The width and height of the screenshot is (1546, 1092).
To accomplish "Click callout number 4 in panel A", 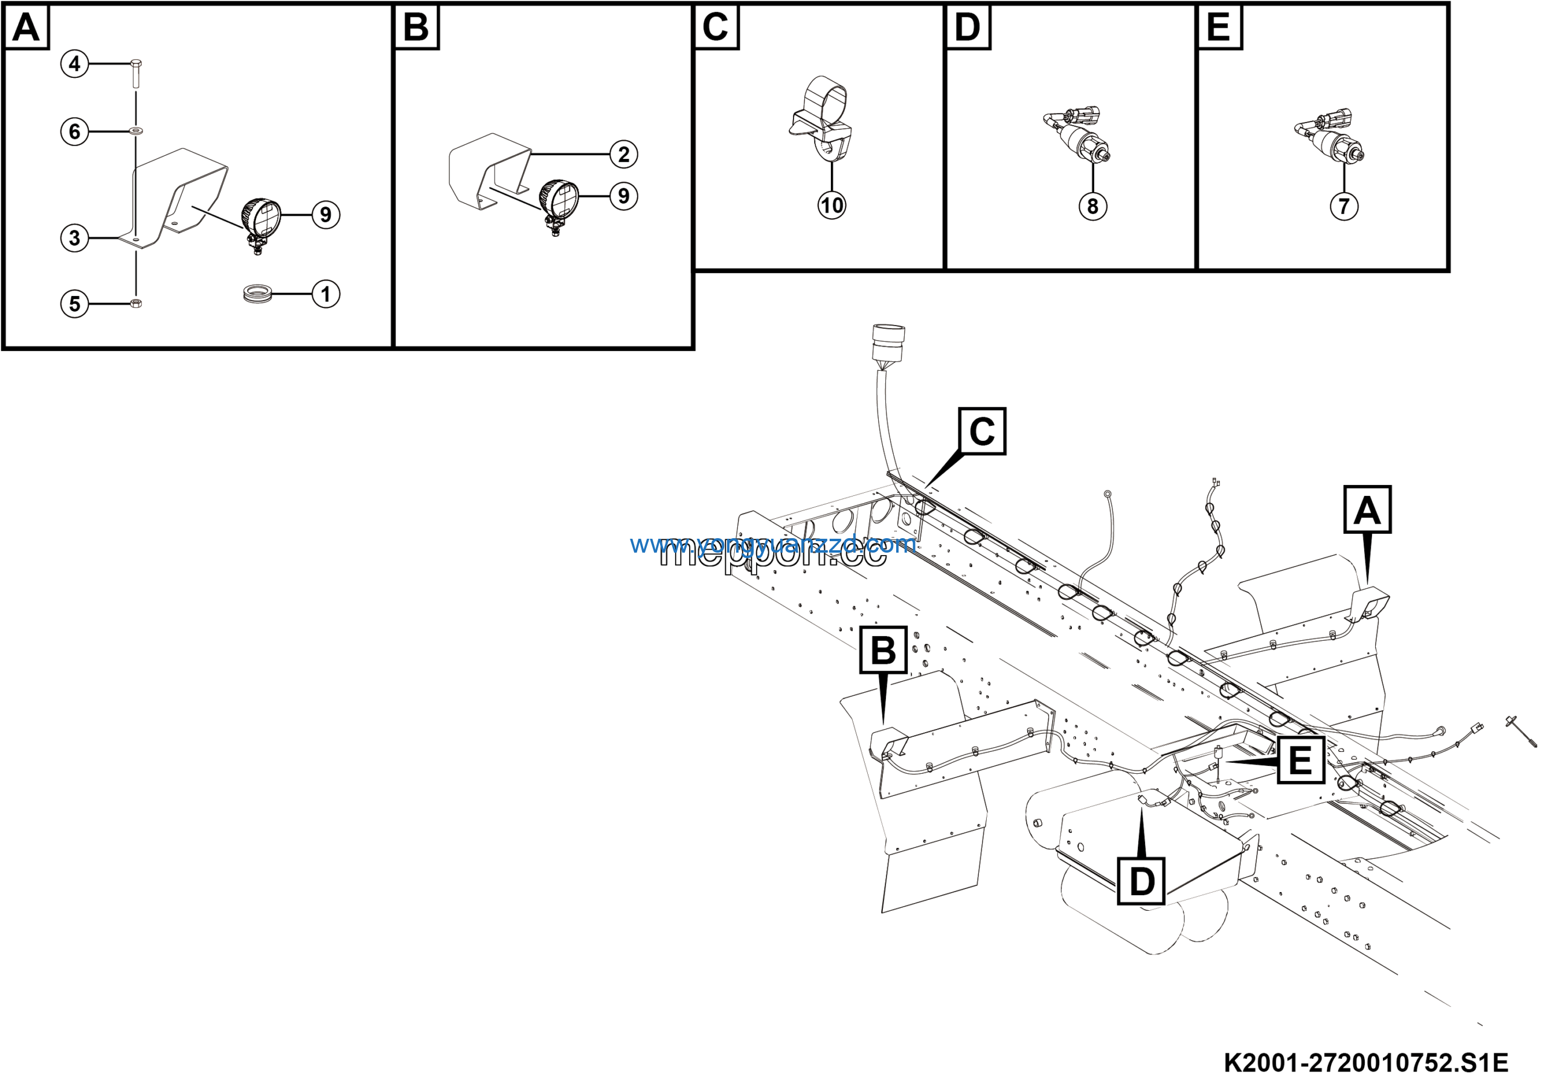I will pos(75,64).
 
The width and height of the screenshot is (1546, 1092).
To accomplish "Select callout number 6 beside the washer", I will pos(75,131).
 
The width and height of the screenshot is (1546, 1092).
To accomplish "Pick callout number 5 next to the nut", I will pos(75,304).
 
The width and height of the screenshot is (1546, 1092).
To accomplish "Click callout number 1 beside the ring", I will pos(326,294).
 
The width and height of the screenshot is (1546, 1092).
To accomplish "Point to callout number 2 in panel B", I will pos(623,154).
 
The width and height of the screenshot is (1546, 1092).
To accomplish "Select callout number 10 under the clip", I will pos(832,205).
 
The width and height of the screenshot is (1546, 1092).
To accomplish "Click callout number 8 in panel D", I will pos(1093,206).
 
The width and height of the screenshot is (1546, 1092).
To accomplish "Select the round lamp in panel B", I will pos(559,199).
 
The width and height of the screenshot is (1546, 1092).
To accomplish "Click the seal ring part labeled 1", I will pos(257,294).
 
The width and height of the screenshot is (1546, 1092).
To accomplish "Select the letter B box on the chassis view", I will pos(884,650).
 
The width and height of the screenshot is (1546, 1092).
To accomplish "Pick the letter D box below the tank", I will pos(1141,881).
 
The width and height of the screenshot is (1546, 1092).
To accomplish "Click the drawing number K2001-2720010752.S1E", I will pos(1365,1063).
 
